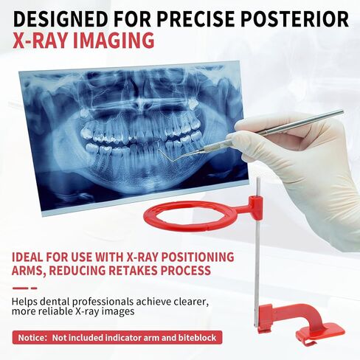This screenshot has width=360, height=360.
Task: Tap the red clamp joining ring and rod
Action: [x=255, y=207]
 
